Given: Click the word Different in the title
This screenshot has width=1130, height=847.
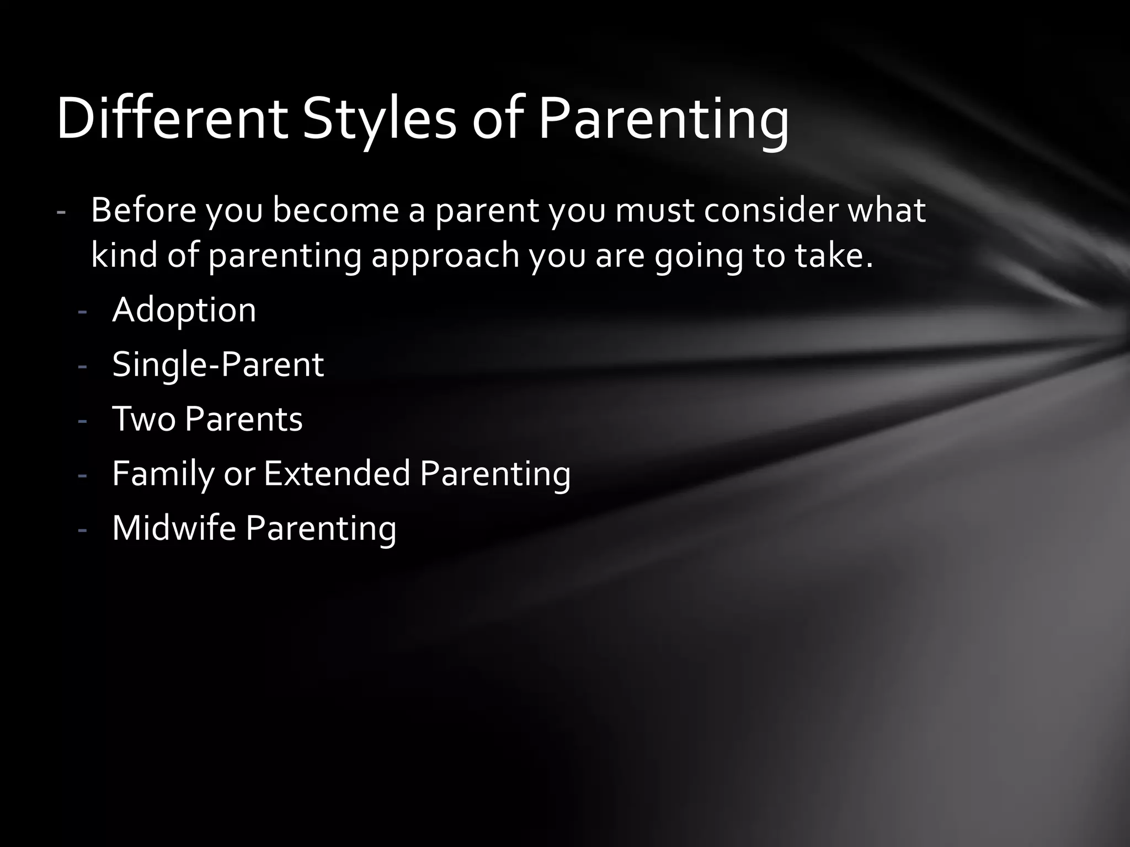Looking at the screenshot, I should [172, 119].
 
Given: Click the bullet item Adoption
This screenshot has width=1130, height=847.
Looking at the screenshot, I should [184, 310].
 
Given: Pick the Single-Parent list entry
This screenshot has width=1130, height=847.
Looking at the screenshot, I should [217, 364].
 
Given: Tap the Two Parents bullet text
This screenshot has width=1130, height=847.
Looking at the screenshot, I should [207, 419].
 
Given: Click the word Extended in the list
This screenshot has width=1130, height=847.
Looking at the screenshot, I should [337, 473].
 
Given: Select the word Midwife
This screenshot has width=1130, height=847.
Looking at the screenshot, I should [174, 528].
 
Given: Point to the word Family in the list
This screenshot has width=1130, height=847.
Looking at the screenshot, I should [163, 473].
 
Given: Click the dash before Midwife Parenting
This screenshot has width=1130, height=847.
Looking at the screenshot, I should [83, 530].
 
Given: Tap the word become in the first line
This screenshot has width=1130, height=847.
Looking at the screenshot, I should [335, 210].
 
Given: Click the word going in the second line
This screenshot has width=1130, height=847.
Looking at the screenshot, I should [699, 256].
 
